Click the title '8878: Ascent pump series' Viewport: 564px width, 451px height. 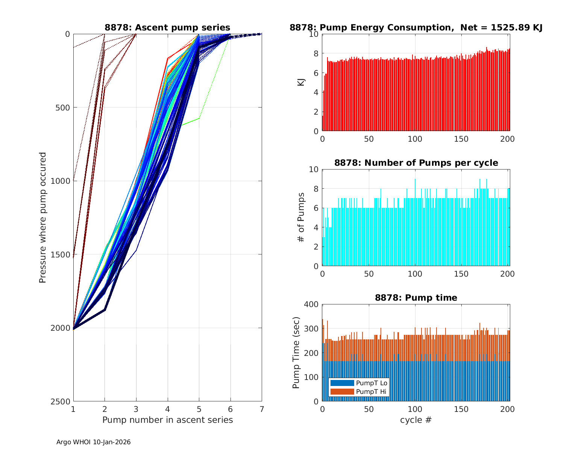point(167,27)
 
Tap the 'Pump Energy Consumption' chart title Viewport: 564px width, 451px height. point(416,27)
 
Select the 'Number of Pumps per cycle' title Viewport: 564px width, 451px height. point(416,163)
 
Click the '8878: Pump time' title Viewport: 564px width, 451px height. point(416,298)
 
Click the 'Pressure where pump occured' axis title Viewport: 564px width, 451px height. point(42,217)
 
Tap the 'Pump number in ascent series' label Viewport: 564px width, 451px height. point(167,420)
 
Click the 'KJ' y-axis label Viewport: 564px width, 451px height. point(301,82)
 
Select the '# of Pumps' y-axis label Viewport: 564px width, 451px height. point(301,217)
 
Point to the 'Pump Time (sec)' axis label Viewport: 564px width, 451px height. point(296,353)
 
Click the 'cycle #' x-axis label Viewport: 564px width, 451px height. point(416,420)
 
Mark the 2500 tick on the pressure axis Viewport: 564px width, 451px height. point(62,401)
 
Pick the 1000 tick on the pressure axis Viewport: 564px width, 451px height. point(62,181)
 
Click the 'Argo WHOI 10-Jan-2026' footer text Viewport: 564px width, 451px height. point(93,442)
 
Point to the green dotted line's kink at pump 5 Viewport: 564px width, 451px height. point(199,118)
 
